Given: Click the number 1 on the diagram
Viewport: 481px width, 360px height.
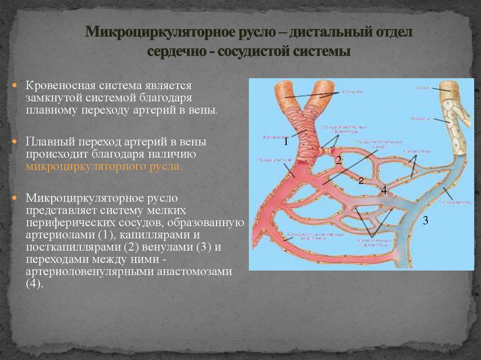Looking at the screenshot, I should coord(285,142).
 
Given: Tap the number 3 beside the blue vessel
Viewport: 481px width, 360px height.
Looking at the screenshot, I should coord(426,221).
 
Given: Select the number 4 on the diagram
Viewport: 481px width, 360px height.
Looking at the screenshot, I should coord(384,191).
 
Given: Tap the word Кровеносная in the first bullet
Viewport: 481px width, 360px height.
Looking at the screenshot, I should coord(58,86).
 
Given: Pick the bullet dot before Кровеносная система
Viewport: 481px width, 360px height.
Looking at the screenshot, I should coord(15,86).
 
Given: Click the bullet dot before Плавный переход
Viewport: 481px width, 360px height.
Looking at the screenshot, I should coord(15,141).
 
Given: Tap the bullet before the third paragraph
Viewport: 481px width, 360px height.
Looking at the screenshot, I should coord(15,197).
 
